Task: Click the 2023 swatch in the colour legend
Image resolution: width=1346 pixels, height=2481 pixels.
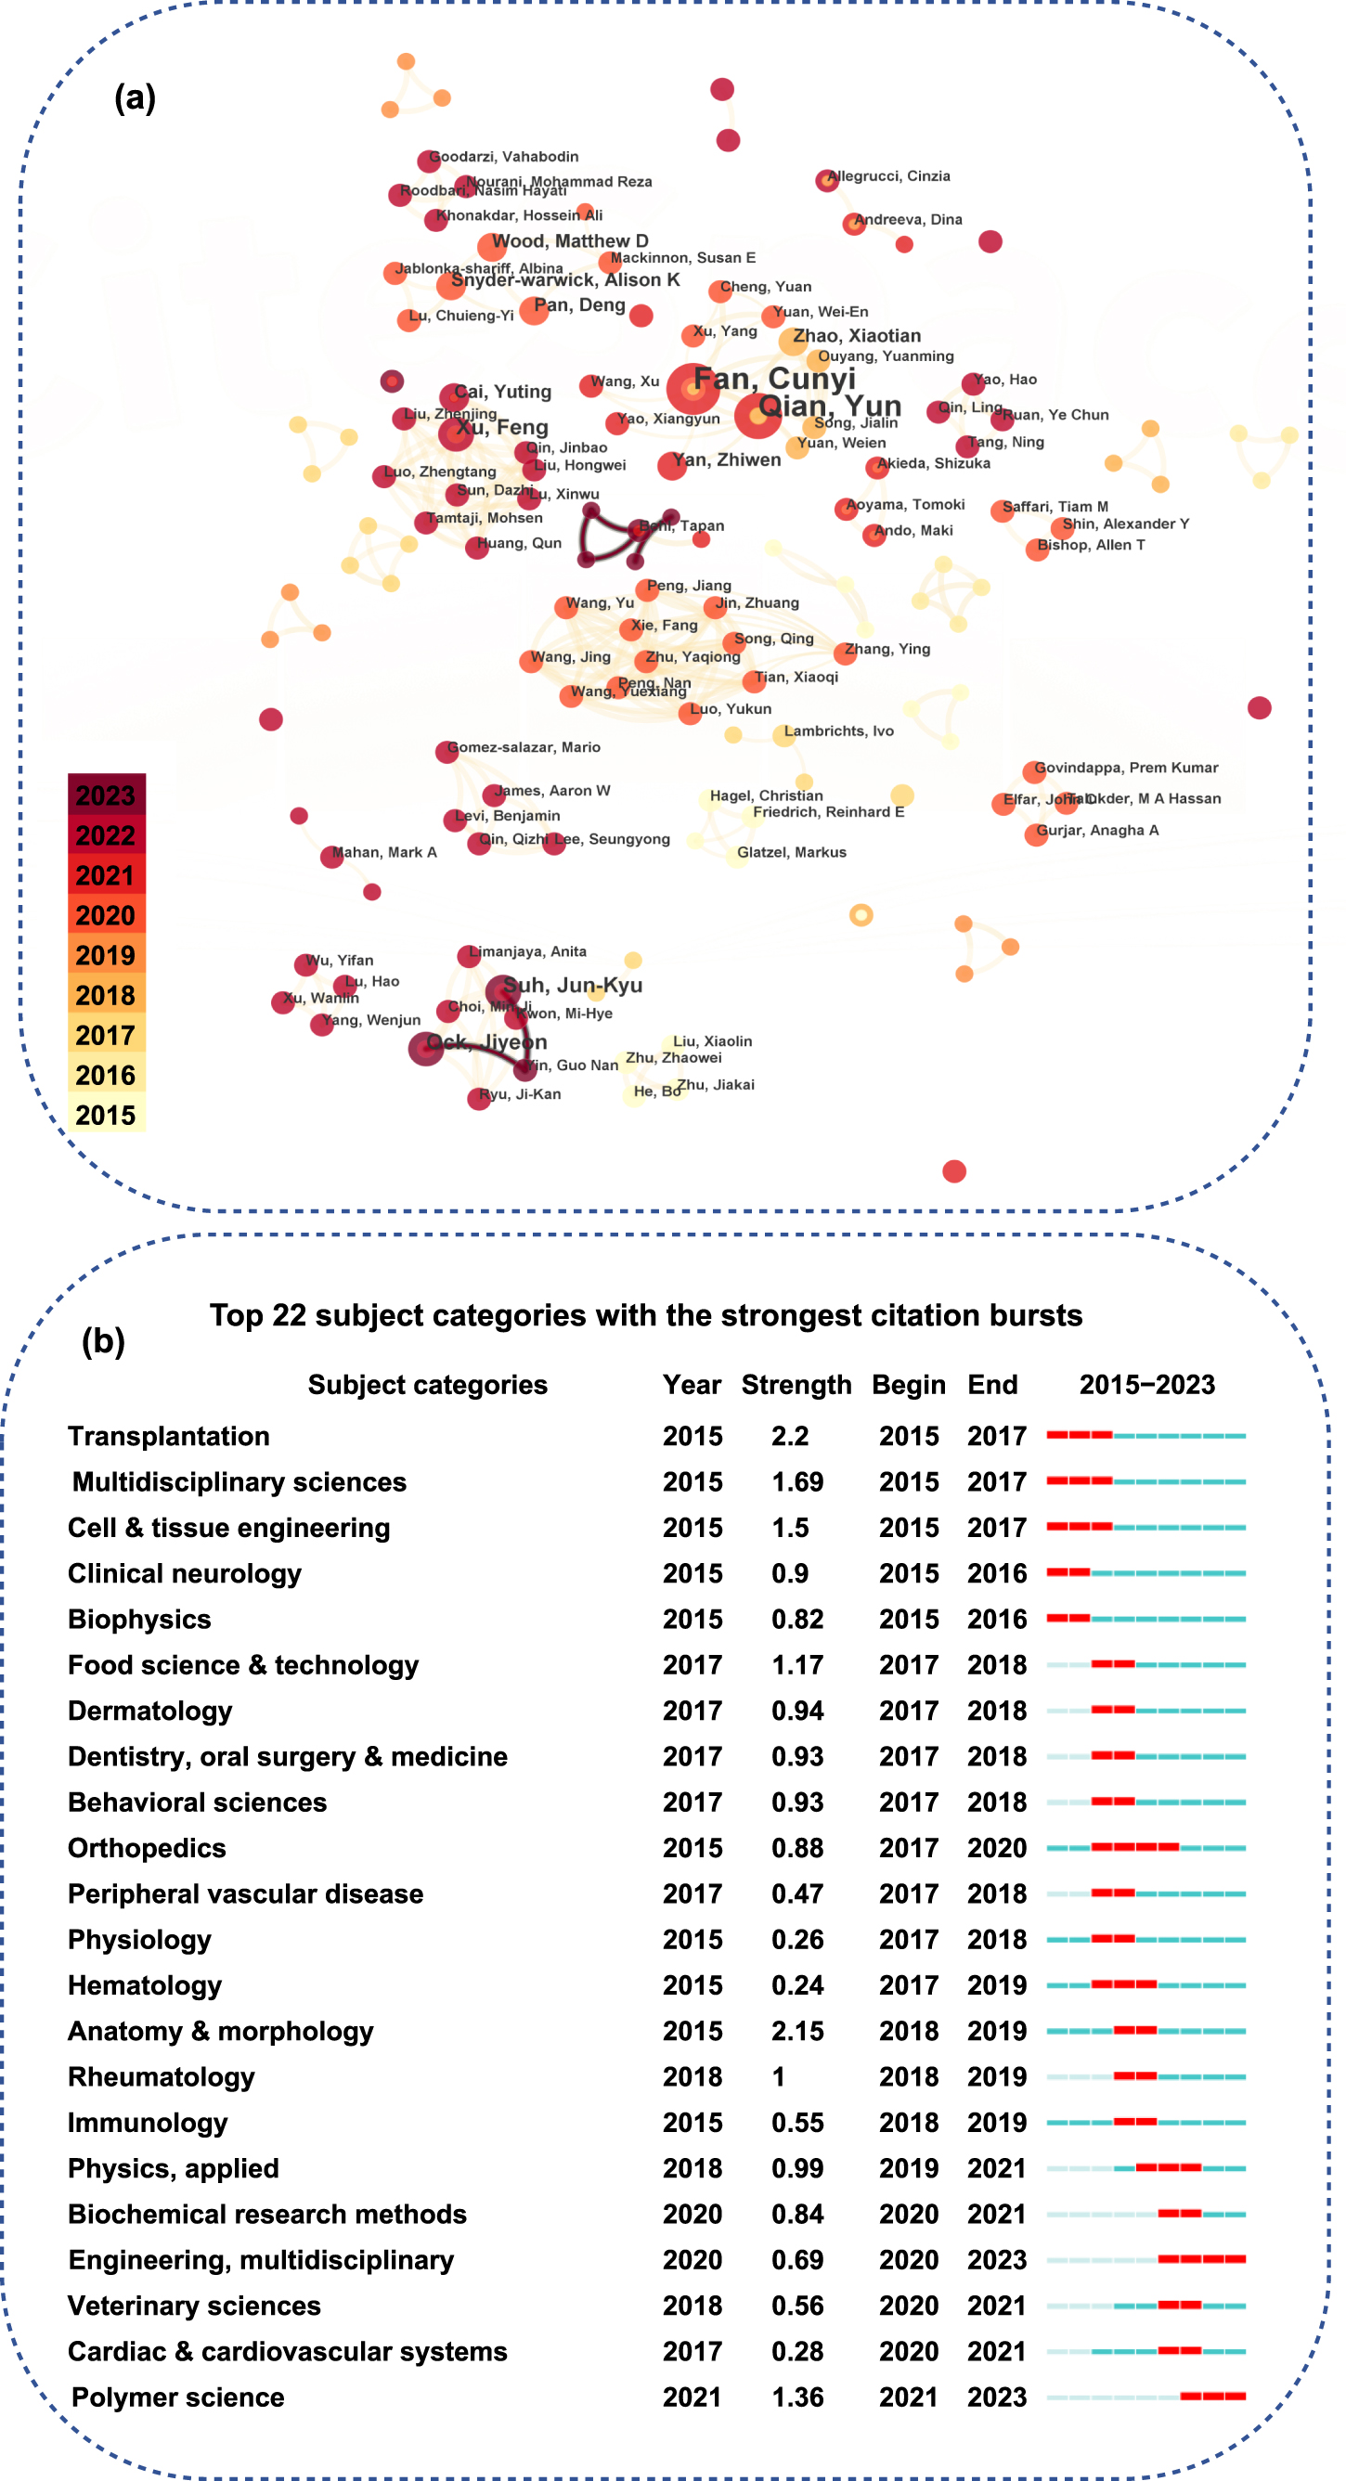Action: pos(106,795)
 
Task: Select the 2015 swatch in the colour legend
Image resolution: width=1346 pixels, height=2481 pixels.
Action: pos(106,1115)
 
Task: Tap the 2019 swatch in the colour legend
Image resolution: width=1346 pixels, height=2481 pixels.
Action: pos(106,954)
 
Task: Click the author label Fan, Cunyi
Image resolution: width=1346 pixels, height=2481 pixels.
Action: pos(775,380)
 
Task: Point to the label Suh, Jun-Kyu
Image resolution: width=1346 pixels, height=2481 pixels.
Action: pos(573,984)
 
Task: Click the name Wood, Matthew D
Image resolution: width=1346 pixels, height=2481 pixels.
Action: pos(569,240)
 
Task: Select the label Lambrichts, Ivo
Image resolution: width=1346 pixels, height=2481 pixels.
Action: pos(838,731)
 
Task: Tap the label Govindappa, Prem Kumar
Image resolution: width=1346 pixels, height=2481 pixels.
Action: pos(1125,768)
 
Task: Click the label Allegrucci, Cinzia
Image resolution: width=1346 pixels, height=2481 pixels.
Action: pos(888,176)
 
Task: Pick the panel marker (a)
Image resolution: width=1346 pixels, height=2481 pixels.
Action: pos(135,97)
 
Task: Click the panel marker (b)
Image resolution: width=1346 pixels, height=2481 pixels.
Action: pos(103,1339)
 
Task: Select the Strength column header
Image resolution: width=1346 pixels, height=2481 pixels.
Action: pos(796,1384)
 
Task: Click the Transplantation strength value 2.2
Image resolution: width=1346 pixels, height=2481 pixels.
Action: pos(789,1436)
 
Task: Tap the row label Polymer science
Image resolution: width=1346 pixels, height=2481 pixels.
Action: pos(178,2397)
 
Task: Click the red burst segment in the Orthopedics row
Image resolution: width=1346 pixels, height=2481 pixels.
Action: pos(1134,1847)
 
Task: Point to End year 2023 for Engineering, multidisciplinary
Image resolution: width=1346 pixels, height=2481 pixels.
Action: pos(996,2259)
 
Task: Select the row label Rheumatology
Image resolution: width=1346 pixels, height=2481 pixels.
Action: pos(161,2076)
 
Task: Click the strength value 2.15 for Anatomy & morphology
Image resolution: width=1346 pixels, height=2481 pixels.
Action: pos(796,2030)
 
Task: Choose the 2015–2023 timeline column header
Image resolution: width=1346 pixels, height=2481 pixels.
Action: pos(1146,1384)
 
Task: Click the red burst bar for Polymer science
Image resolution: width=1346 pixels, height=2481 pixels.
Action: pos(1212,2397)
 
